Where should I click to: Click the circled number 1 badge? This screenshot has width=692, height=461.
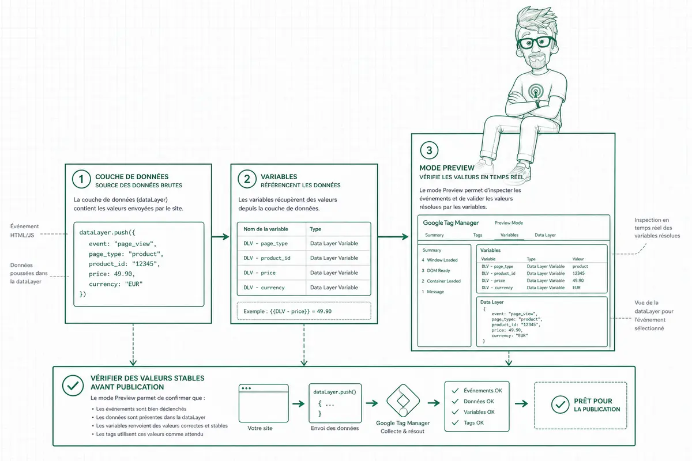pos(81,179)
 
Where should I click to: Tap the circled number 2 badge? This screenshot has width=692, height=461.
pos(247,179)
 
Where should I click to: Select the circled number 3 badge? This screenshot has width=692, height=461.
pos(429,150)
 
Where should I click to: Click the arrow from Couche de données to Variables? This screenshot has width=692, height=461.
pos(220,237)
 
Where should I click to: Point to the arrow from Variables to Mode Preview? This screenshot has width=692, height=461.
pos(393,237)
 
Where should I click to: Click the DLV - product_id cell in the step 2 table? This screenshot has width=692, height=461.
pos(267,258)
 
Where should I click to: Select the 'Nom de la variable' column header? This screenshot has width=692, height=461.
pos(266,229)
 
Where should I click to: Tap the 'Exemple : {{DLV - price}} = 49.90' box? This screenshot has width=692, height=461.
pos(304,311)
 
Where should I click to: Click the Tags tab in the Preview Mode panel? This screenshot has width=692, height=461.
pos(477,235)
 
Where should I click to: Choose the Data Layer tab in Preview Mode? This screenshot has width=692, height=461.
pos(545,235)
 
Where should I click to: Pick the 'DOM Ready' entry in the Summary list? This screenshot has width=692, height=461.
pos(438,270)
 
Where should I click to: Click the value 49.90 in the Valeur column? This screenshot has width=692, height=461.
pos(578,281)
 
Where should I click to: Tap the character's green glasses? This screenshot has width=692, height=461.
pos(536,43)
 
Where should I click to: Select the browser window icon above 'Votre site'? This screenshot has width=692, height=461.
pos(264,403)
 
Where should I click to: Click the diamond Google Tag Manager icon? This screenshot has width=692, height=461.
pos(403,400)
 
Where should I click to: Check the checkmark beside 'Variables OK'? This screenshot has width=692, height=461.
pos(455,412)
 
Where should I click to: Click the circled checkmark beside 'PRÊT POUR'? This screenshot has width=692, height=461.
pos(560,404)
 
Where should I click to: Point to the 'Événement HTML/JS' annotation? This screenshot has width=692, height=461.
pos(24,231)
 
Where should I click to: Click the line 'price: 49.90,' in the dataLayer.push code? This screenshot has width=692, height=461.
pos(112,274)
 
